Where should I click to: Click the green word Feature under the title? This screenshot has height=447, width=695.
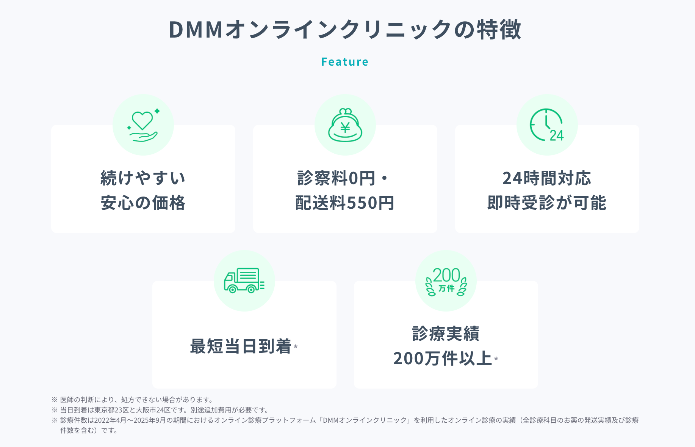point(344,62)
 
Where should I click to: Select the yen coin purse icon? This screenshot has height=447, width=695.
point(345,125)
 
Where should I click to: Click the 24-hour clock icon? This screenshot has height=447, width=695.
point(547,125)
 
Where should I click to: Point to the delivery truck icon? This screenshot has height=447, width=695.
point(244,281)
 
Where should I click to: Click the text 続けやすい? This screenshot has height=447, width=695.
point(143,178)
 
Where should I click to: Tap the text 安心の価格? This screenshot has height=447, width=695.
point(143,203)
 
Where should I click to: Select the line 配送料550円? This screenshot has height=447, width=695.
point(345,203)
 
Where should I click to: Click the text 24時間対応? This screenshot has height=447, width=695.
point(547,178)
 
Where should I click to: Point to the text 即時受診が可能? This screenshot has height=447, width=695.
point(547,203)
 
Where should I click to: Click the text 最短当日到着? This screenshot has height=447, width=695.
point(241,346)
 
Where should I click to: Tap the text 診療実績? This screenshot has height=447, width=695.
point(446,334)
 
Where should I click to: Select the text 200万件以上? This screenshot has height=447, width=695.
point(442,359)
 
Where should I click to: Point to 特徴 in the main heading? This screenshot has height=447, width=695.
point(499,30)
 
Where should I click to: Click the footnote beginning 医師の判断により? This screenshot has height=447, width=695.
point(136,400)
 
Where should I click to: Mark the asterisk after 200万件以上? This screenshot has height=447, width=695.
point(496,358)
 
